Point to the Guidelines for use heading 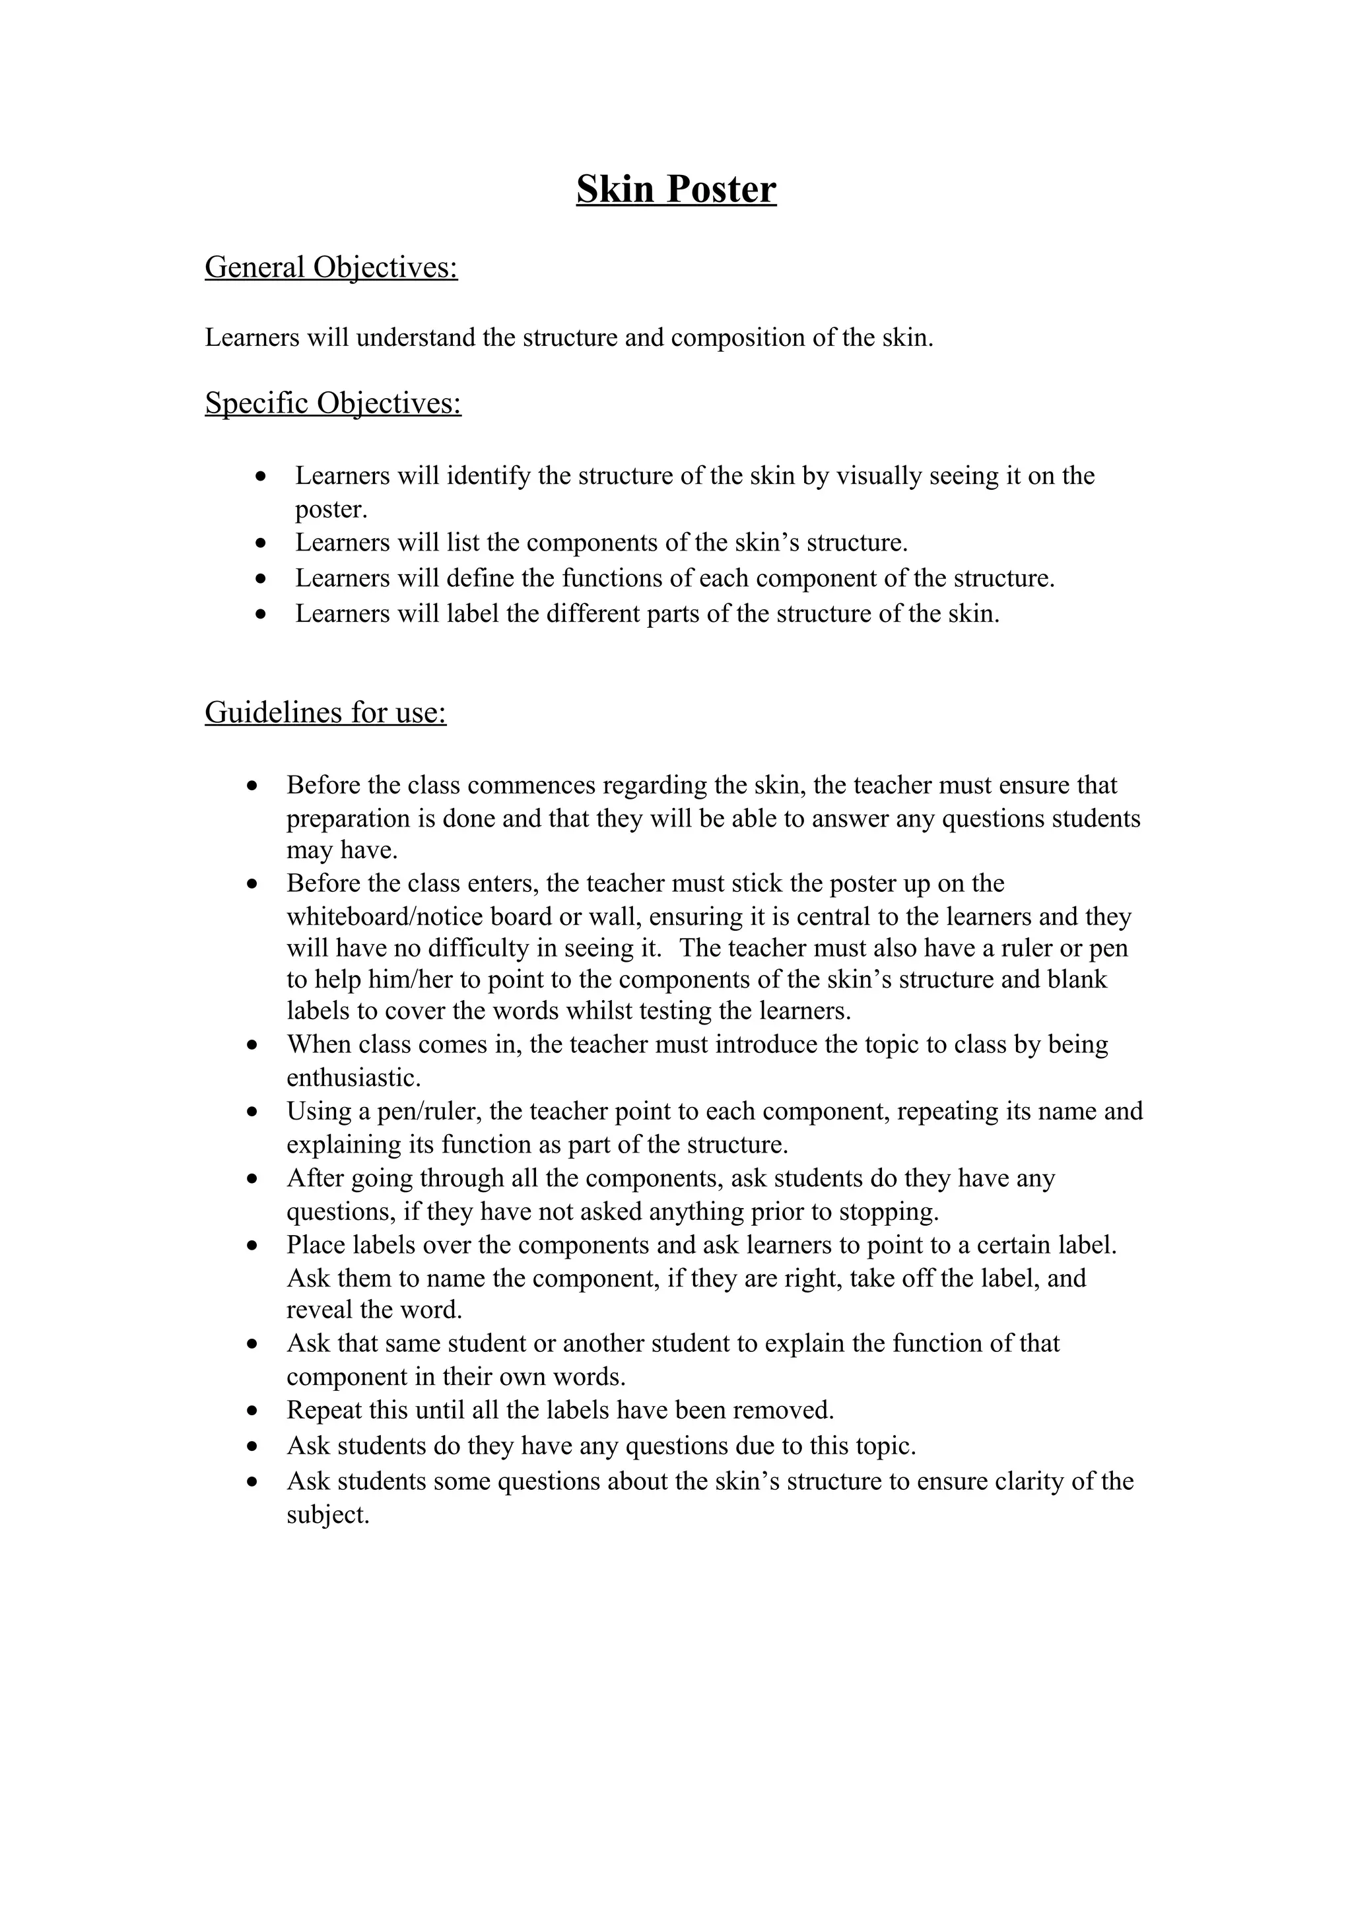coord(325,712)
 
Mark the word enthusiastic coord(353,1078)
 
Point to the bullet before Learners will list coord(261,543)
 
